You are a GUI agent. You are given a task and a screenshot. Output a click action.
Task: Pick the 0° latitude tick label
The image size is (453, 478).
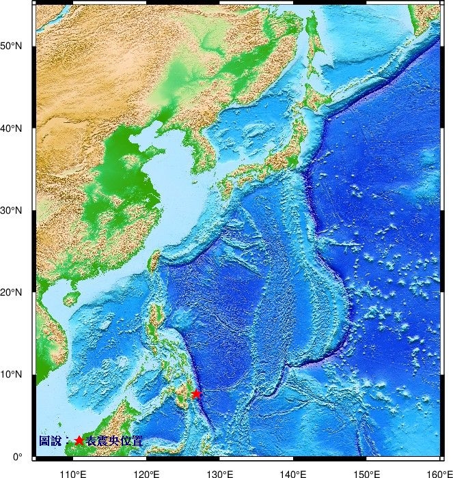pos(18,456)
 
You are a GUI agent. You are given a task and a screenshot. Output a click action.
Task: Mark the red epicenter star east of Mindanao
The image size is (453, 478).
pos(196,393)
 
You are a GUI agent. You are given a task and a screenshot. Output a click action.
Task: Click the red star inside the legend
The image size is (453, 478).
pos(79,441)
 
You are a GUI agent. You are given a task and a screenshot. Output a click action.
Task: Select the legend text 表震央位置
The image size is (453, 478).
pos(114,442)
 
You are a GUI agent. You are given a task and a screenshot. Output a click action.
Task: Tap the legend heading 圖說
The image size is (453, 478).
pos(50,442)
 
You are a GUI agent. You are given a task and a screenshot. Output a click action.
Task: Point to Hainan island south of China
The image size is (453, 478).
pos(70,299)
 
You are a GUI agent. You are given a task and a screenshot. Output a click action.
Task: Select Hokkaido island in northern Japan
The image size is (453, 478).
pos(315,96)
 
